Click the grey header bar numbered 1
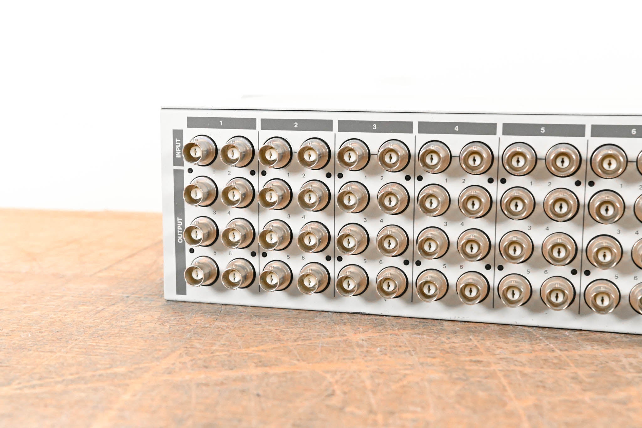click(221, 123)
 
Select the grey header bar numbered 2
click(296, 125)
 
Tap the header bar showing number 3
click(375, 127)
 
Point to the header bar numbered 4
click(457, 129)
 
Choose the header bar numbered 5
click(543, 130)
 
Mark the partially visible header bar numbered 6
click(616, 132)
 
